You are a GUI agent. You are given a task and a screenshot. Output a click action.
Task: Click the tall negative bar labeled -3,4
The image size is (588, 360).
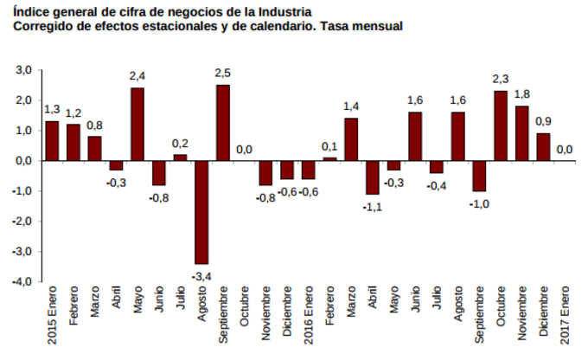(x=201, y=212)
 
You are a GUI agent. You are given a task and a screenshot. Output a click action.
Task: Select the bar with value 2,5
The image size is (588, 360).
(x=223, y=122)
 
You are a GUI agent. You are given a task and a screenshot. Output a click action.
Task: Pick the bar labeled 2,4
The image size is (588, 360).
(x=137, y=124)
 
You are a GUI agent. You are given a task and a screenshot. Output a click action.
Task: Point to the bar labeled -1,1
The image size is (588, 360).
(x=373, y=177)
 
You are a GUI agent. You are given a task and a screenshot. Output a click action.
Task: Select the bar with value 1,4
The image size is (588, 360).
(x=351, y=138)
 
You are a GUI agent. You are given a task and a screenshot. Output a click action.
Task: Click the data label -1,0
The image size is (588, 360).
(x=479, y=203)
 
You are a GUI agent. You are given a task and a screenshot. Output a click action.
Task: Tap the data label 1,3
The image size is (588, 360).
(x=52, y=109)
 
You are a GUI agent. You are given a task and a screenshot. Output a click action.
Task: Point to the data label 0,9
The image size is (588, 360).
(x=543, y=121)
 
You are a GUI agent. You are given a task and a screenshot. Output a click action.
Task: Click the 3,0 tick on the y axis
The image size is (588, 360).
(x=23, y=70)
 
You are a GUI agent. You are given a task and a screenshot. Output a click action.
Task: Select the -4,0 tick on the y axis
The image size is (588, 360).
(x=22, y=282)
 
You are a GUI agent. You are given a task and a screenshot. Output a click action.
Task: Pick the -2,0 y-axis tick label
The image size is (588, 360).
(x=22, y=222)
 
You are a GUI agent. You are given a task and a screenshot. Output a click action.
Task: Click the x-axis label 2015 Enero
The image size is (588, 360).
(x=53, y=316)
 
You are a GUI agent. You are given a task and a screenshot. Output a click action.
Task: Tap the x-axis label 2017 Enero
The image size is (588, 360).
(x=565, y=316)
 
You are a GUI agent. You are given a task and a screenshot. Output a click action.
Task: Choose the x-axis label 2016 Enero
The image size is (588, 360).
(x=309, y=316)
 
